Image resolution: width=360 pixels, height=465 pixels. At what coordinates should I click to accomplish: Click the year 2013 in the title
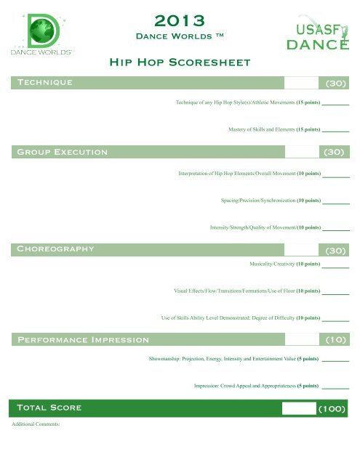(179, 19)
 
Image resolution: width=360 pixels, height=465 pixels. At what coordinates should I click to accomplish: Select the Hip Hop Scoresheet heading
(179, 62)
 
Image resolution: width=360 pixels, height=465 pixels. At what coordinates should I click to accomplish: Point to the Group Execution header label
(63, 152)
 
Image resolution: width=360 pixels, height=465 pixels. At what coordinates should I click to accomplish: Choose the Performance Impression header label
(83, 339)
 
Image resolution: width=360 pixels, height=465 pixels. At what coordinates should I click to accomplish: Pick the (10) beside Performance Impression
(335, 339)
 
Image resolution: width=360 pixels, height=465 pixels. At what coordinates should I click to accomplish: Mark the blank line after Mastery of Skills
(335, 132)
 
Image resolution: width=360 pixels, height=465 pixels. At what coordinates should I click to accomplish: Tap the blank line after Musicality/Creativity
(335, 266)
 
